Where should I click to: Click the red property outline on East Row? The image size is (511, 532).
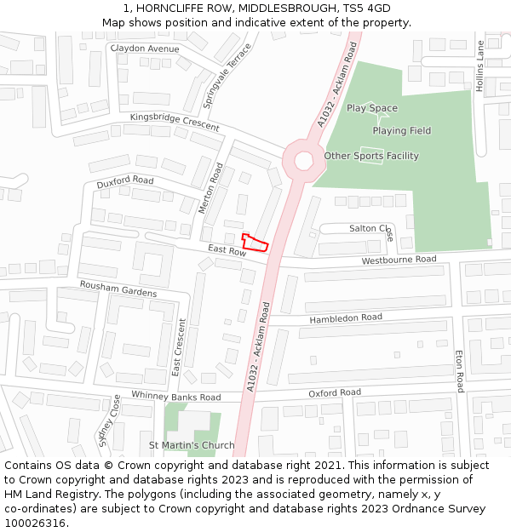coord(255,243)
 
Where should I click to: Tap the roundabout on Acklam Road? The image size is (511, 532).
coord(304,160)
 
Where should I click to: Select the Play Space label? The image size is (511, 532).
coord(372,108)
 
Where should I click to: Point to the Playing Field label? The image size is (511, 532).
coord(401,131)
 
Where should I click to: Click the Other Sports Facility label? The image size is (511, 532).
coord(371,156)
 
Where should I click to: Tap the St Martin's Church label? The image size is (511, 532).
coord(192,445)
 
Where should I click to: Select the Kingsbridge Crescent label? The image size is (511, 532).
coord(175,122)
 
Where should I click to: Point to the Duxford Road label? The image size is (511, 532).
coord(124,181)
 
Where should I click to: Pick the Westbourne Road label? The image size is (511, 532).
coord(399,260)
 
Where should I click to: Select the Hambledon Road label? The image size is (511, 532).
coord(346,317)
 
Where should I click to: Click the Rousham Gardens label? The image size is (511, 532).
coord(118,289)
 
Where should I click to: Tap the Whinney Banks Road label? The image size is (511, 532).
coord(175,397)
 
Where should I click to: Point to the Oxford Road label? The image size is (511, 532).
coord(335,393)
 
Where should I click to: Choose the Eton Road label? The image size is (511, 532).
coord(459,370)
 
